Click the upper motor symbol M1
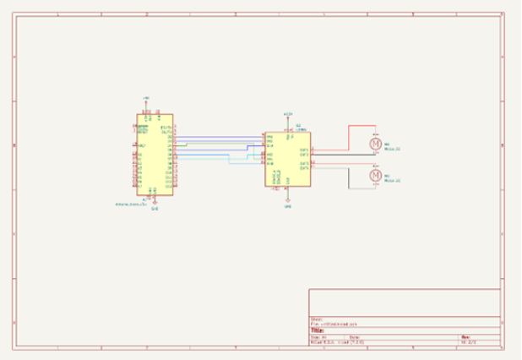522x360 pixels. point(375,144)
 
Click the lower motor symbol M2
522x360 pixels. point(375,175)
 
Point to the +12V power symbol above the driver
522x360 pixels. point(287,114)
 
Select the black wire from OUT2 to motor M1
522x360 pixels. point(342,155)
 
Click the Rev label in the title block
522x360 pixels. point(464,335)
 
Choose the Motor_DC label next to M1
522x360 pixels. point(392,149)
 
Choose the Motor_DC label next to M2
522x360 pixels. point(392,180)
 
